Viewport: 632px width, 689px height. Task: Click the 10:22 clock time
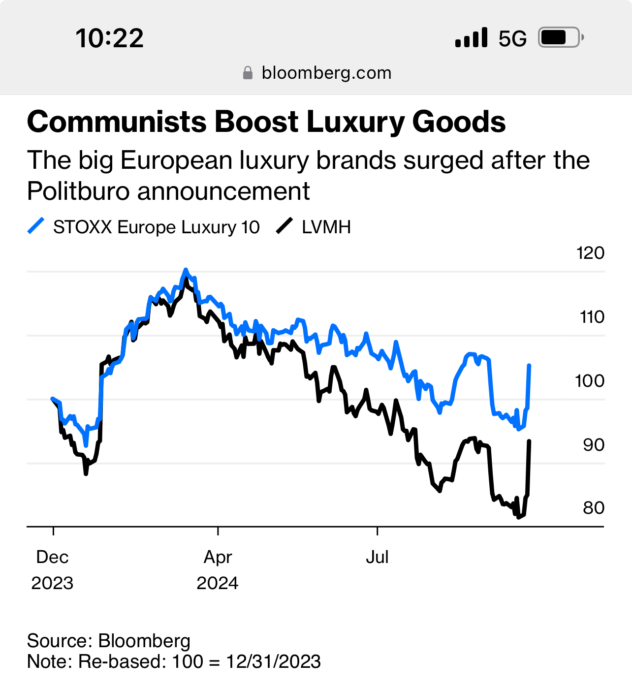[109, 38]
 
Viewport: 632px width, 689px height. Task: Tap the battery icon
[561, 37]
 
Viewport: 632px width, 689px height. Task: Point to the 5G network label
[512, 38]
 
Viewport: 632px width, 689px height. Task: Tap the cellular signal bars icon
[471, 37]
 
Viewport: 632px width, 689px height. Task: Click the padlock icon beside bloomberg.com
[248, 73]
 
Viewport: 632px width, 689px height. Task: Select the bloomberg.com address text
[326, 73]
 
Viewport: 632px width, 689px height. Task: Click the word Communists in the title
[116, 122]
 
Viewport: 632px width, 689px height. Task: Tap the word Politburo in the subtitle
[78, 191]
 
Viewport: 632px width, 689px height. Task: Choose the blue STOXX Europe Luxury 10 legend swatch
[36, 226]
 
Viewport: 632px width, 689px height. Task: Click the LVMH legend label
[326, 227]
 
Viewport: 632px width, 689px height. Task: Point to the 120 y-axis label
[590, 253]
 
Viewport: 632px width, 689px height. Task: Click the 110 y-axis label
[592, 317]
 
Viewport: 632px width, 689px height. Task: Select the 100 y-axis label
[590, 380]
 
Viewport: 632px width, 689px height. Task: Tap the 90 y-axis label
[593, 444]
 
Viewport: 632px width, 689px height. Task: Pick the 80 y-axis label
[593, 507]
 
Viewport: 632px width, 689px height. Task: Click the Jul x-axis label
[377, 557]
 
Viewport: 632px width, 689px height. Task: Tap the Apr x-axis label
[218, 557]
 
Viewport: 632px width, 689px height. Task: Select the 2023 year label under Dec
[52, 583]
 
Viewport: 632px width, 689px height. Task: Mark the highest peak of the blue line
[186, 270]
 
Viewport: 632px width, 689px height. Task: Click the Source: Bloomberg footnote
[108, 641]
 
